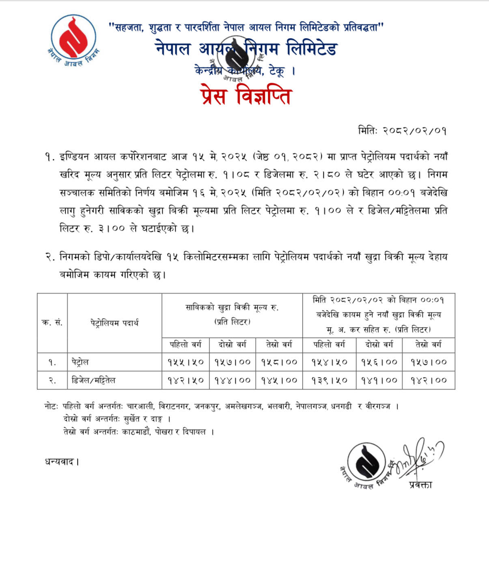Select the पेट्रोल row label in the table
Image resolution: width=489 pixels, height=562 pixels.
click(80, 362)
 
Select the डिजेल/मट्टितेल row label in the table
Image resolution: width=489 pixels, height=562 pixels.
click(93, 380)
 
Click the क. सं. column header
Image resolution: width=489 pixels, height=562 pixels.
click(52, 323)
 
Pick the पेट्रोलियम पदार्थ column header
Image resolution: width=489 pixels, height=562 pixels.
click(114, 323)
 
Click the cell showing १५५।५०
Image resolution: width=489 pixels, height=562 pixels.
click(185, 362)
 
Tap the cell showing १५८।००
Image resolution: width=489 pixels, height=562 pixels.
click(279, 362)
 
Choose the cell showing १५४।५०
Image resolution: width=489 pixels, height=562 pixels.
click(329, 362)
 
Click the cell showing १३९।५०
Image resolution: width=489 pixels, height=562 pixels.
click(329, 380)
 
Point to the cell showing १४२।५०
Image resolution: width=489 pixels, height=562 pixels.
click(185, 380)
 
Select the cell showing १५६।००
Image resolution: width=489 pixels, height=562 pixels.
click(379, 362)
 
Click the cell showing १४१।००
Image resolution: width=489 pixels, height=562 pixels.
click(379, 380)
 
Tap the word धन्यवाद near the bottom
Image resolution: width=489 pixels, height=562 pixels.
click(61, 461)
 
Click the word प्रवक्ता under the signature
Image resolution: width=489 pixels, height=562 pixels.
click(421, 485)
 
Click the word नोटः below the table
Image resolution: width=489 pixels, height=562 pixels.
click(51, 406)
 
